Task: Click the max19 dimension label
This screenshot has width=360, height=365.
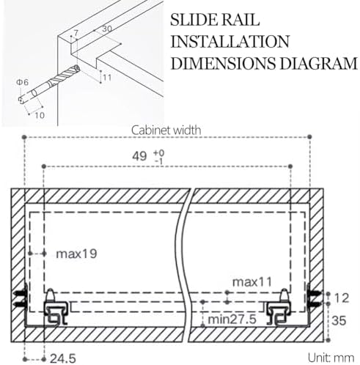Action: [x=76, y=254]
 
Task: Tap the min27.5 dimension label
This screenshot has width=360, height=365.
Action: [x=232, y=320]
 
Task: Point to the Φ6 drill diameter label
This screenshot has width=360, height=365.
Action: [x=23, y=83]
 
